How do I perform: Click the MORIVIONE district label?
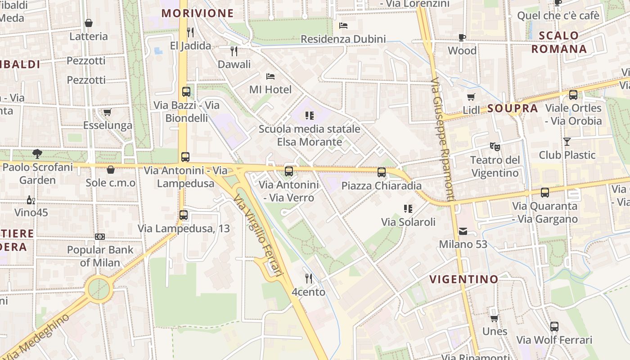point(198,13)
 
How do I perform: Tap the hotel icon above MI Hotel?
point(270,76)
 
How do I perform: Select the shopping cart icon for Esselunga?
point(107,112)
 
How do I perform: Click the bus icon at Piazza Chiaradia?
point(382,172)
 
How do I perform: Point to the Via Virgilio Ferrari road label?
point(260,238)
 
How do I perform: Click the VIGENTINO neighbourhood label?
point(464,279)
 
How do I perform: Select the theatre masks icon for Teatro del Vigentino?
point(495,146)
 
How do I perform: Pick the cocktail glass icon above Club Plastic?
point(567,142)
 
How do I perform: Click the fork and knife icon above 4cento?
point(308,279)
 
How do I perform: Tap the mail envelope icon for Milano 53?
point(463,231)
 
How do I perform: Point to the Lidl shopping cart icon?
point(471,97)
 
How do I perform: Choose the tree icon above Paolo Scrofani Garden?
point(37,154)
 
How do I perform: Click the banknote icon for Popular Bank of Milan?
point(100,236)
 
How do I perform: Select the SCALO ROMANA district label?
point(559,42)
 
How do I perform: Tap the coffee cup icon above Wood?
point(462,37)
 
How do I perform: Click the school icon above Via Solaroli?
point(408,208)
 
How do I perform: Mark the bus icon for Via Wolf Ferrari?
point(554,327)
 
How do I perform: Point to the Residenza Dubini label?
point(343,39)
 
